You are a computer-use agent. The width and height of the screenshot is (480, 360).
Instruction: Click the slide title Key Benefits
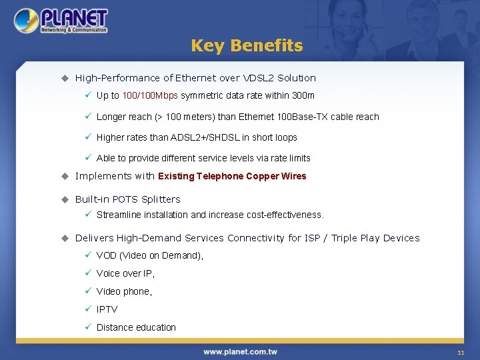[247, 45]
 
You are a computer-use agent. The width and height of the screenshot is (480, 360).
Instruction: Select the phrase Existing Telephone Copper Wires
[232, 176]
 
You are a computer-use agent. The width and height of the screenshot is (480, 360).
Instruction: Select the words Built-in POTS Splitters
[127, 199]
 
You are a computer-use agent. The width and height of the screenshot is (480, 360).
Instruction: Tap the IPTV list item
[107, 309]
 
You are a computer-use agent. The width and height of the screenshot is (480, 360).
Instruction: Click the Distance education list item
[136, 327]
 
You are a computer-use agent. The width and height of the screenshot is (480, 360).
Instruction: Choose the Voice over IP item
[125, 273]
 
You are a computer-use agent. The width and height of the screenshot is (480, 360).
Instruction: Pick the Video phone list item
[124, 291]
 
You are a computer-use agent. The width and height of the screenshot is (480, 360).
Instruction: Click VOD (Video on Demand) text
[149, 255]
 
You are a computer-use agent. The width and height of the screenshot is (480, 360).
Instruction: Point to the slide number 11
[460, 352]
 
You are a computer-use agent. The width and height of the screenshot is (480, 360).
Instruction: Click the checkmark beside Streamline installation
[87, 215]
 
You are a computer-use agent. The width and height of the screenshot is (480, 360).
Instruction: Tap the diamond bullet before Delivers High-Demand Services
[65, 238]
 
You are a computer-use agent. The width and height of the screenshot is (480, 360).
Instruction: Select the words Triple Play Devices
[375, 238]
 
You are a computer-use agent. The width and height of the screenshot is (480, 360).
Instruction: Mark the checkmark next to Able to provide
[87, 158]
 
